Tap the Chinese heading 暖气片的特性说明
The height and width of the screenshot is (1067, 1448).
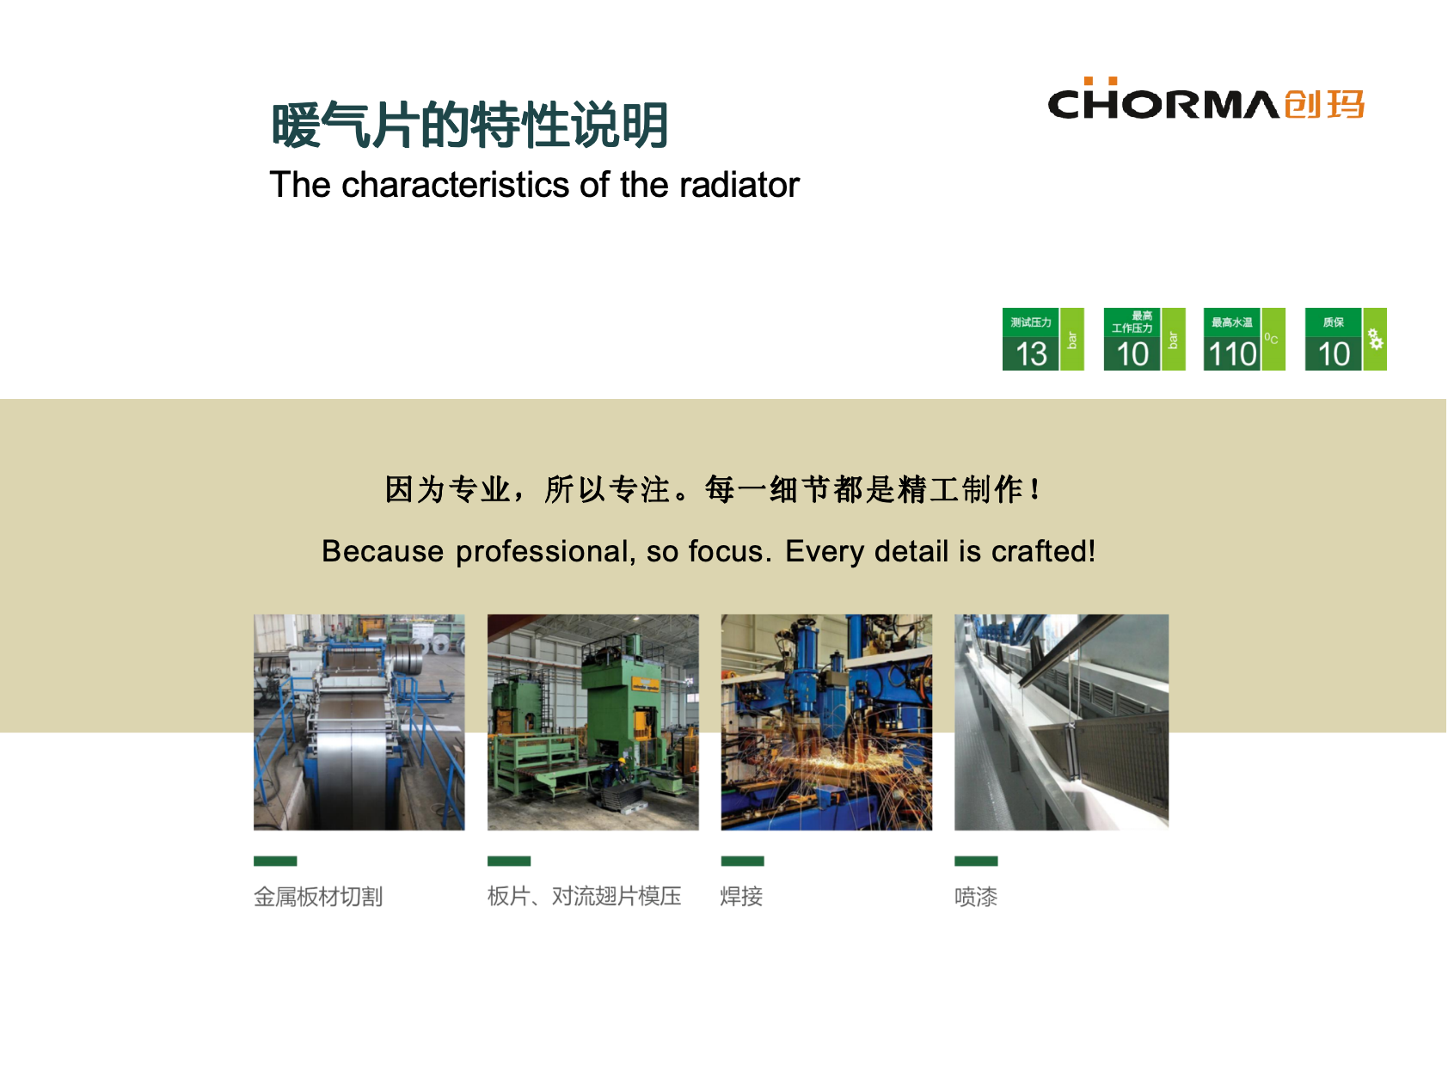click(x=470, y=125)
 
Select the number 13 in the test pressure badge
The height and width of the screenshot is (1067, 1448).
click(x=1031, y=354)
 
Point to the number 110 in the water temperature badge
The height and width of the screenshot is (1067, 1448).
click(x=1232, y=354)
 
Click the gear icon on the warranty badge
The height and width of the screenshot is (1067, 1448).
click(x=1376, y=340)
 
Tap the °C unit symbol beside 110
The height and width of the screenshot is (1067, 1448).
click(x=1271, y=339)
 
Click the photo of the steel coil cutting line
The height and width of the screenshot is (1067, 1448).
click(x=359, y=722)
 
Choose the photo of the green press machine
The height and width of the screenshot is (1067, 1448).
click(x=592, y=722)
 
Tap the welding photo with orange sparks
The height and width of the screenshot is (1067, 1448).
click(x=826, y=722)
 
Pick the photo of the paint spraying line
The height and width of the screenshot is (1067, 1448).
click(x=1061, y=722)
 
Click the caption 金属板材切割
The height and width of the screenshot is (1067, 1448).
click(x=318, y=897)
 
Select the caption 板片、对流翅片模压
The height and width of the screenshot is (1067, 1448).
click(x=585, y=897)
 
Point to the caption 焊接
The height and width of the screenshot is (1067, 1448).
click(x=741, y=897)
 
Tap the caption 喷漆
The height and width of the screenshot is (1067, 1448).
click(x=976, y=897)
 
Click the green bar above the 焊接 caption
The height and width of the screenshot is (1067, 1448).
click(x=742, y=861)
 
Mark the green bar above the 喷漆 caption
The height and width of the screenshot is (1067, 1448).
click(x=976, y=861)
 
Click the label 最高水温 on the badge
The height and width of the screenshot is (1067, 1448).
click(x=1231, y=322)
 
